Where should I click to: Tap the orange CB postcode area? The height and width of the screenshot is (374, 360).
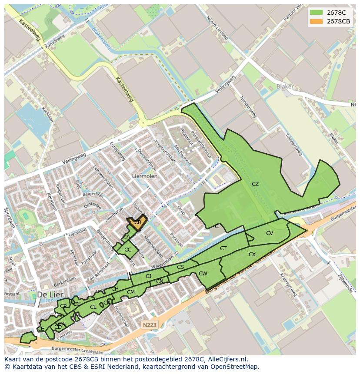pos(137,222)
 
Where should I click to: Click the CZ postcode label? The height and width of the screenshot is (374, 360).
pos(255,184)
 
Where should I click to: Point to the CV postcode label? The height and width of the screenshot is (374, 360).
pos(270,233)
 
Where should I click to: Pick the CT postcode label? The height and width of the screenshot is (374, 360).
pos(223,248)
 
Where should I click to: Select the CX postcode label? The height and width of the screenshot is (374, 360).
pos(252,255)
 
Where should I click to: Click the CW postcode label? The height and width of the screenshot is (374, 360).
pos(203,274)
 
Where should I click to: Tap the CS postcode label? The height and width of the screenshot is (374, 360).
pos(180,267)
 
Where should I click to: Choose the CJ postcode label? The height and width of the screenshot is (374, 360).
pos(149,276)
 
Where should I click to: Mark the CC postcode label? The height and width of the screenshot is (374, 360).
pos(128,250)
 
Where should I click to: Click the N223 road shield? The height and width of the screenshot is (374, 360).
pos(149,324)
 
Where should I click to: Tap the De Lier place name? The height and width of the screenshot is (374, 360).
pos(48,294)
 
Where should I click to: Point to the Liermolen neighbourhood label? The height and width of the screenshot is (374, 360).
pos(144,176)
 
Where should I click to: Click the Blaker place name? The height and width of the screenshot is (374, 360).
pos(285,87)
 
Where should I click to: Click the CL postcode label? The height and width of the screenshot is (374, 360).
pos(93,307)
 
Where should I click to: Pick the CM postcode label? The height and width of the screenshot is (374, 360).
pos(131,292)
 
